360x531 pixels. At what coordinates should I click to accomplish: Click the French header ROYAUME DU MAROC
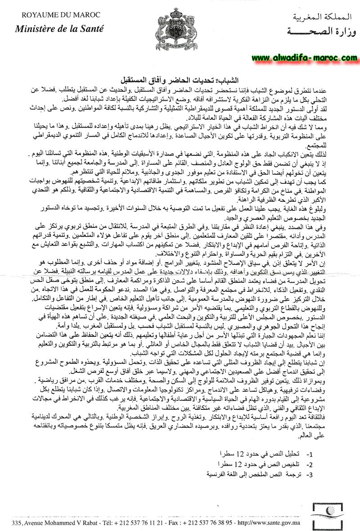(56, 17)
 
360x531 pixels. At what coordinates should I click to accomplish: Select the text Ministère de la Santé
(59, 29)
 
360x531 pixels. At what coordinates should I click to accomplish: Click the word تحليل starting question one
(290, 453)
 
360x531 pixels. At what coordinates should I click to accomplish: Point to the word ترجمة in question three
(290, 474)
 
